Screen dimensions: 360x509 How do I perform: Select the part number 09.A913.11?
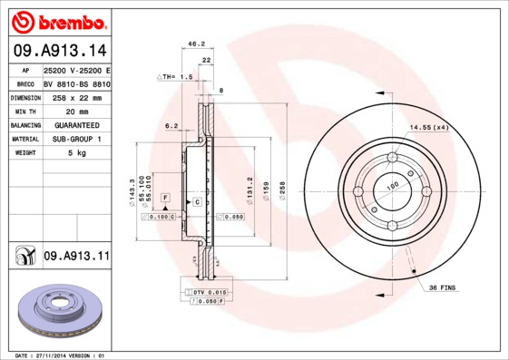click(x=76, y=257)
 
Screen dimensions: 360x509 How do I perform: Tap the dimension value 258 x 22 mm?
click(x=72, y=97)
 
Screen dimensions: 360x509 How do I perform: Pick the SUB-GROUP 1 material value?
click(x=72, y=139)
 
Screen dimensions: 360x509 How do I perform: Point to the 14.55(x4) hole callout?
click(x=429, y=127)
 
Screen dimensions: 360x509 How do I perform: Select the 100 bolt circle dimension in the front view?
click(x=393, y=185)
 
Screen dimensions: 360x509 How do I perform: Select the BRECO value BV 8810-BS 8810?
click(x=76, y=83)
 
